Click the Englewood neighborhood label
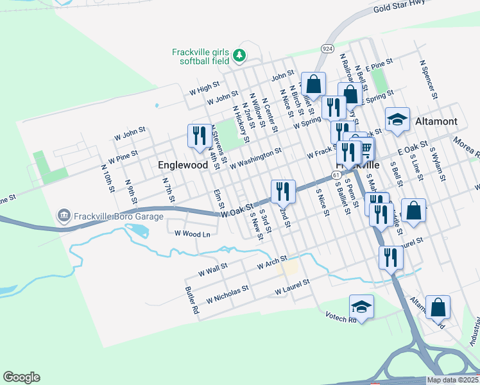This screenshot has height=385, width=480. click(183, 165)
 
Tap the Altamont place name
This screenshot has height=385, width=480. click(436, 121)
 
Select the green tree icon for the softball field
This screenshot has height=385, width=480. click(239, 56)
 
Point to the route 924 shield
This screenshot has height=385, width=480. click(327, 49)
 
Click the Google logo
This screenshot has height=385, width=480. click(21, 377)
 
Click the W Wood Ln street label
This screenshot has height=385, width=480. click(193, 234)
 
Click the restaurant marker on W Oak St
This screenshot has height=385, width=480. click(282, 191)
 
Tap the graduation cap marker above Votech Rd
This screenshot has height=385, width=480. click(361, 306)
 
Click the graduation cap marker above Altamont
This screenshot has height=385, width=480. click(397, 119)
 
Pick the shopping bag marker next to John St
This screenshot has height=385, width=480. click(314, 84)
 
